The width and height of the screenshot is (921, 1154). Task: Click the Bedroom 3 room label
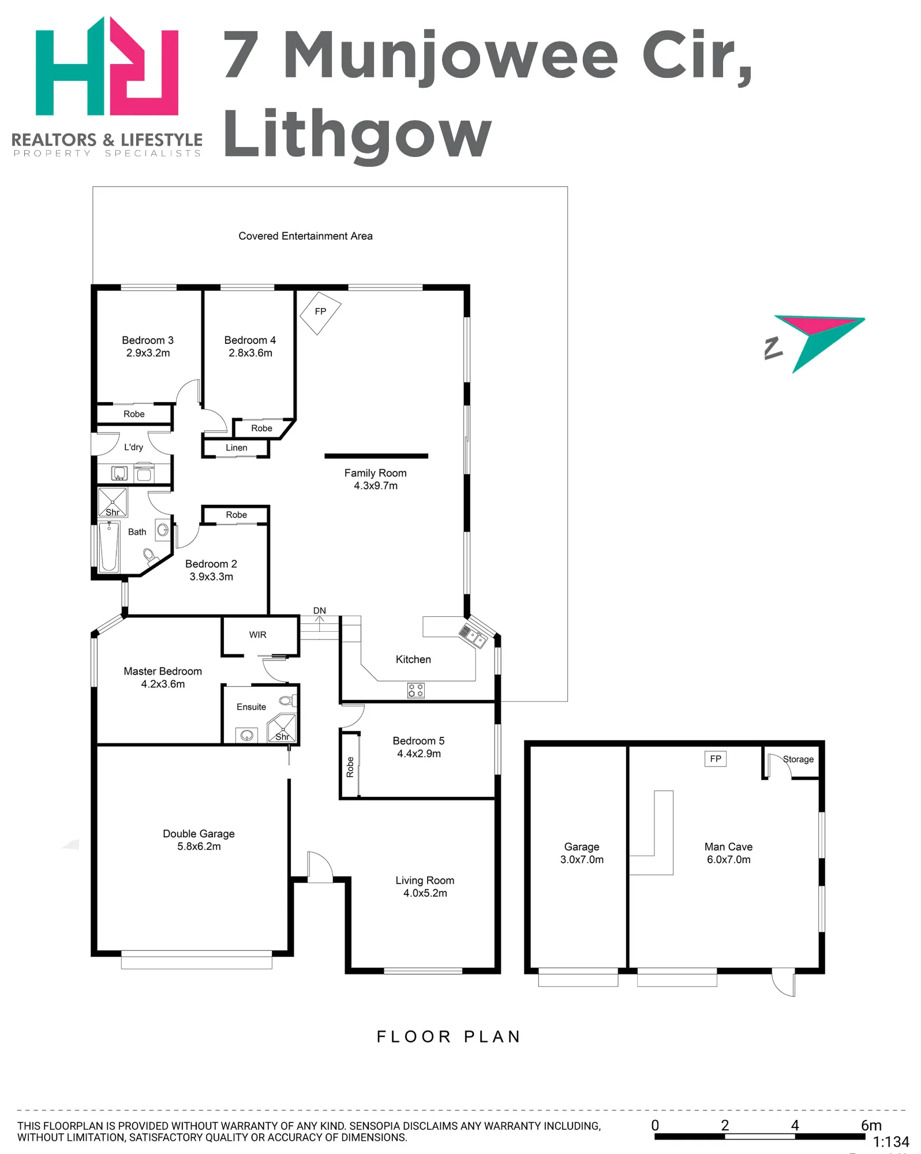point(148,340)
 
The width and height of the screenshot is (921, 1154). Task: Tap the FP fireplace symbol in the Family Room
point(320,313)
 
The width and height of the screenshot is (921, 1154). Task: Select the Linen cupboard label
point(237,448)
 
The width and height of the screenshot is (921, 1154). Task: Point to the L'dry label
point(133,447)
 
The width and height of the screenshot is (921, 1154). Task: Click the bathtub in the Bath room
point(109,546)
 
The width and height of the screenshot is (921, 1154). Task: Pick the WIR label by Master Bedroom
point(258,635)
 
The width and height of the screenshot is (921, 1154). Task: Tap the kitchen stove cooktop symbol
point(416,691)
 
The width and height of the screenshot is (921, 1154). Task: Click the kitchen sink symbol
point(473,636)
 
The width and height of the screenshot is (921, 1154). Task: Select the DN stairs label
point(320,610)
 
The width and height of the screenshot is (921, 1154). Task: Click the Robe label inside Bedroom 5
point(350,767)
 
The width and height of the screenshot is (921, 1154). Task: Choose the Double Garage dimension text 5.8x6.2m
point(199,846)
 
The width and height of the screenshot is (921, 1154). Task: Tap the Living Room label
point(425,881)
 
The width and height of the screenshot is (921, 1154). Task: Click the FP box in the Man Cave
point(716,759)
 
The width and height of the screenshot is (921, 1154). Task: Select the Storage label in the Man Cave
point(799,759)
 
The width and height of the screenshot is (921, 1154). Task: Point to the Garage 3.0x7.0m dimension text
point(582,860)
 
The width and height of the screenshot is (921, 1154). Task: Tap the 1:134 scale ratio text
point(891,1142)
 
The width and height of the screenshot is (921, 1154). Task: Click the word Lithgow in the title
point(358,135)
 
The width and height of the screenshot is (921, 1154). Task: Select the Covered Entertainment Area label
point(306,236)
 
